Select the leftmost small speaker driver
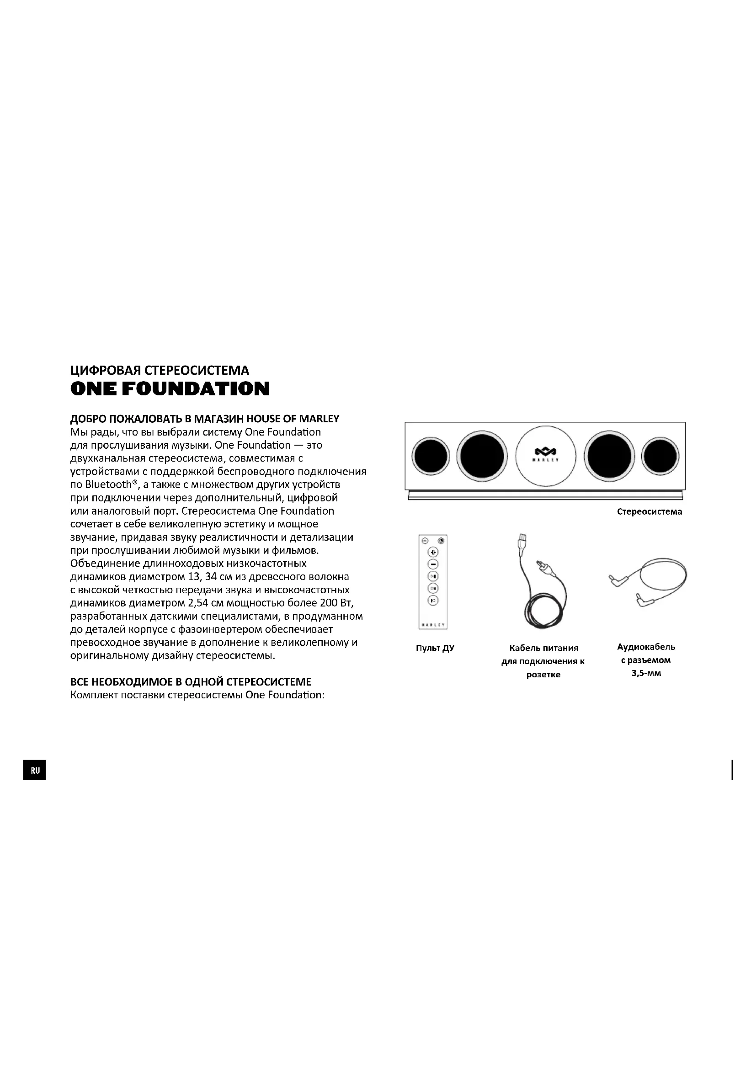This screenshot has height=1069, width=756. coord(431,455)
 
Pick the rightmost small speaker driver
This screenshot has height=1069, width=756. coord(660,456)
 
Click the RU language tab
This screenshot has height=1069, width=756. coord(35,771)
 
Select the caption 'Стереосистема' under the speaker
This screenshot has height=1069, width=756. coord(650,512)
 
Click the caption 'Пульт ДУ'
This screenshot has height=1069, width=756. coord(435,648)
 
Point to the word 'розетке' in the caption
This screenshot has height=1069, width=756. coord(543,675)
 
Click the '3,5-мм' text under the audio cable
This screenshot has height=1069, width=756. coord(646,673)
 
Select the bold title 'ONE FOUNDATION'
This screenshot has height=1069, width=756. coord(170,389)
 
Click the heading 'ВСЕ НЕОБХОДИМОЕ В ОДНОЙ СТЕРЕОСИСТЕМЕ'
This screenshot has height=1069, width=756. coord(191,682)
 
